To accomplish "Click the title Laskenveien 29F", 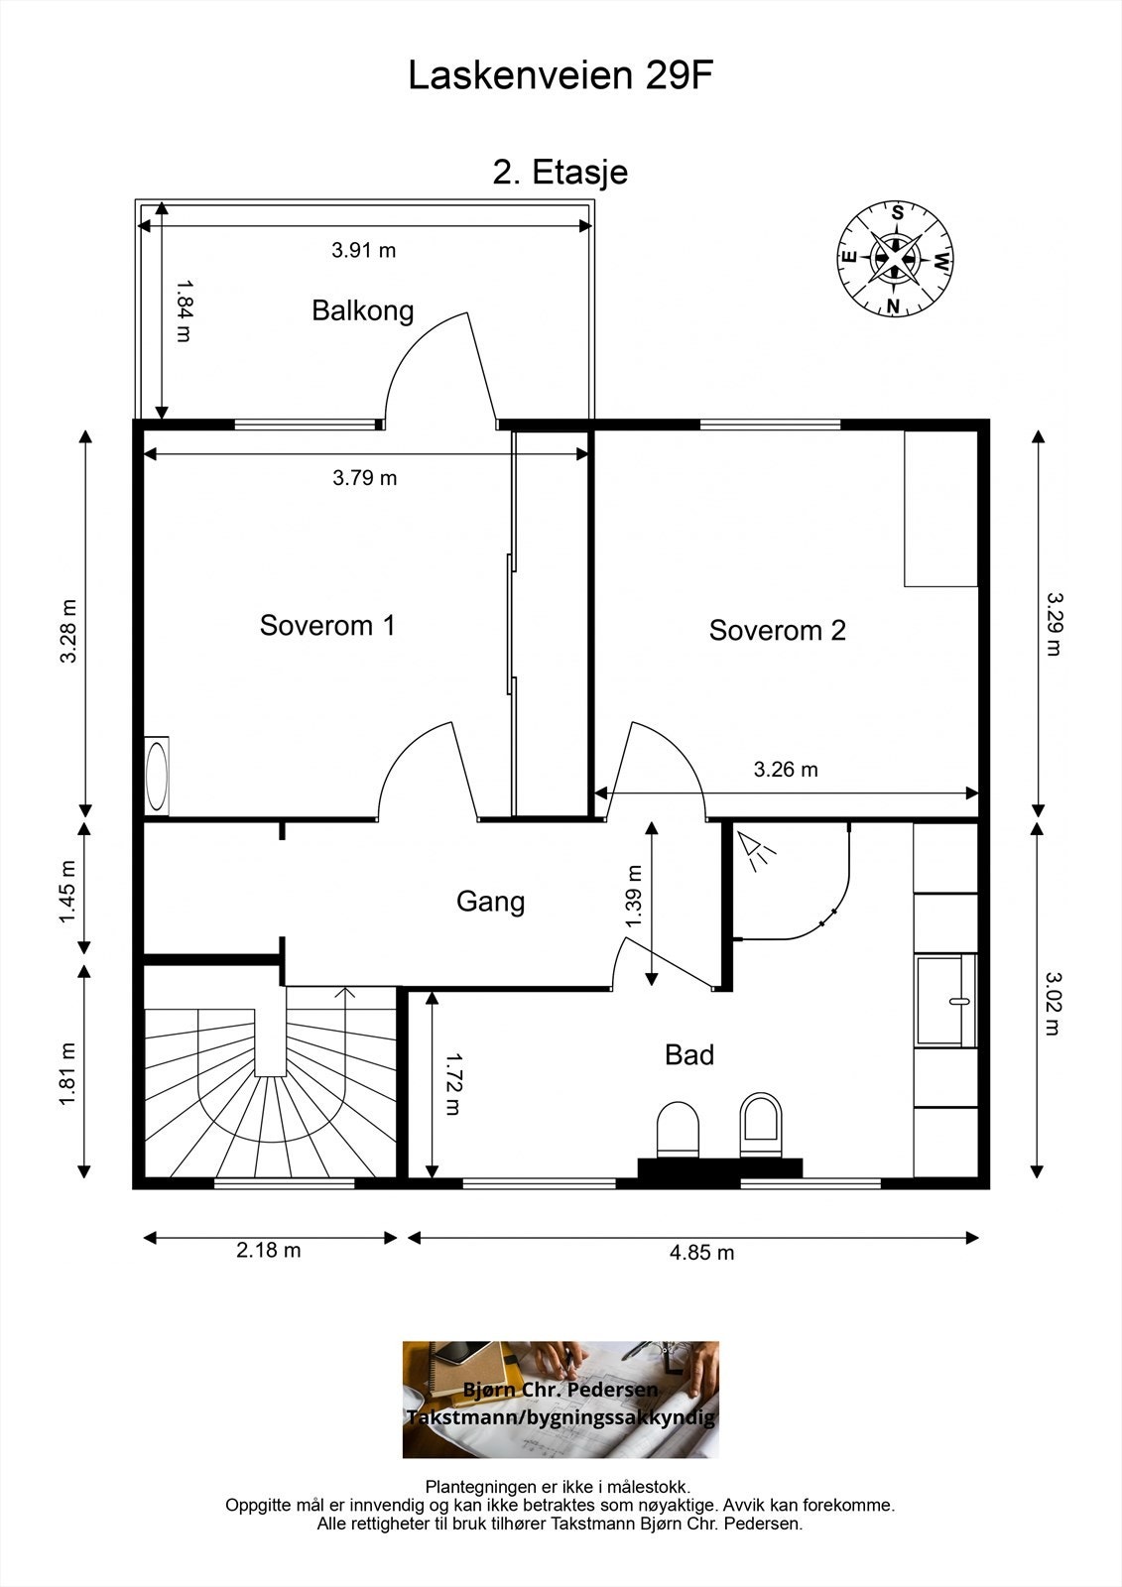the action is click(560, 75).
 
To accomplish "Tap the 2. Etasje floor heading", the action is click(561, 173).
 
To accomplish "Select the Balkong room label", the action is click(363, 311).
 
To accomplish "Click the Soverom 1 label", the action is click(326, 626).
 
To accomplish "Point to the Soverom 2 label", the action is click(778, 631).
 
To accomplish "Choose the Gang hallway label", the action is click(490, 902).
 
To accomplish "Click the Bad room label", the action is click(688, 1055).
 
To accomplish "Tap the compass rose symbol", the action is click(895, 259).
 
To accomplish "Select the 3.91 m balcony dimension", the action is click(364, 250).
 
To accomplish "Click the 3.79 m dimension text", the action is click(365, 478).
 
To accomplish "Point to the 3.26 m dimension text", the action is click(786, 770).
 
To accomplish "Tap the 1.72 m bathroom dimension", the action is click(452, 1084).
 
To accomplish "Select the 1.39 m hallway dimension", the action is click(634, 897).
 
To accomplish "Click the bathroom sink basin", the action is click(946, 1001).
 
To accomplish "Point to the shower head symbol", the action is click(756, 849).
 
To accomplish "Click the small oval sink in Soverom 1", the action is click(157, 777).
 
